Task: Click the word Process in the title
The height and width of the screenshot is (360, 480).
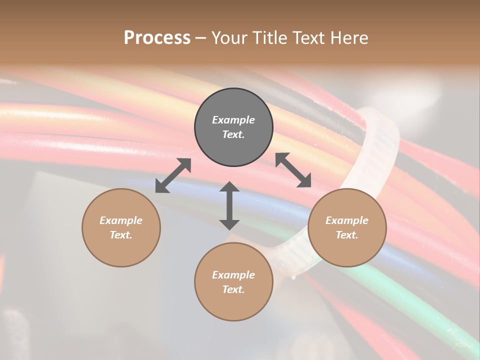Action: point(157,38)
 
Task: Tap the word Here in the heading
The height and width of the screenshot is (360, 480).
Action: point(348,38)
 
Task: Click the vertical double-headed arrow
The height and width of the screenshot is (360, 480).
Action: point(229,205)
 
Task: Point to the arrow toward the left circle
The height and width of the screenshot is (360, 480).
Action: point(173,175)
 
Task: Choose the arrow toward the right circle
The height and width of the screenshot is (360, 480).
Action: point(293,170)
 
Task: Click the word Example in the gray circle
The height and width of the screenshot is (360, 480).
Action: point(233,120)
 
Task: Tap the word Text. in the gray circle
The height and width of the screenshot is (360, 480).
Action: point(233,134)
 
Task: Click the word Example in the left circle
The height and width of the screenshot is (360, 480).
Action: point(121,220)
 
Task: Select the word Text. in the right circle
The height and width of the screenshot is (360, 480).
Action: point(347,235)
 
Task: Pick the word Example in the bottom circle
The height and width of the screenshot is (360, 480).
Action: point(233,275)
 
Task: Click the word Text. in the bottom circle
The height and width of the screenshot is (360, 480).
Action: point(233,289)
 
